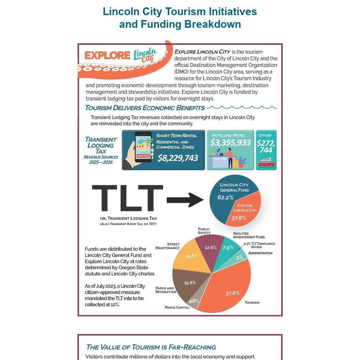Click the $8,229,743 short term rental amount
tap(178, 158)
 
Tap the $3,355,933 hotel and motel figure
tap(231, 142)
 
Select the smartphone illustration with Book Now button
tap(144, 147)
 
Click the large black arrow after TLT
tap(185, 200)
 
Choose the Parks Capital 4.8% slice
tap(194, 301)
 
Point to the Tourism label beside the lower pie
tap(252, 302)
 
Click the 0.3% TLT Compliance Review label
tap(259, 245)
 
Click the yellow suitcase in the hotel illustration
tap(236, 162)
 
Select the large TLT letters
tap(127, 199)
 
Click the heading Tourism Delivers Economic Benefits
tap(145, 108)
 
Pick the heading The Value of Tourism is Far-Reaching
tap(151, 347)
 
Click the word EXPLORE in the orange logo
tap(107, 56)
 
